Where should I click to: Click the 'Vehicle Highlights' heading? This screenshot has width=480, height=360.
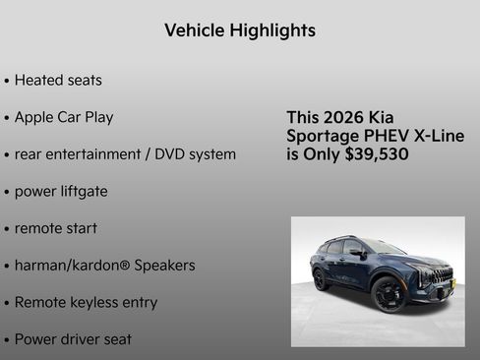click(240, 30)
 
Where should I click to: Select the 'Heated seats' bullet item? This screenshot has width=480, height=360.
click(58, 80)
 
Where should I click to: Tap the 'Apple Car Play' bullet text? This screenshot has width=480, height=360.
click(64, 117)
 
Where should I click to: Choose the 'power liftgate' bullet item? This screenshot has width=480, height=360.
click(61, 192)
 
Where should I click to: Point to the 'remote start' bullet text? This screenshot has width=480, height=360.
click(56, 228)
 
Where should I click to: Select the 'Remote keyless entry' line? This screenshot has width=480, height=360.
click(86, 303)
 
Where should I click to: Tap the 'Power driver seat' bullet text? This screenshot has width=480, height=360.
click(74, 339)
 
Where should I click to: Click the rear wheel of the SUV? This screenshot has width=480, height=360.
click(321, 279)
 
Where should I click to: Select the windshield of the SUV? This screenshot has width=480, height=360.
click(385, 247)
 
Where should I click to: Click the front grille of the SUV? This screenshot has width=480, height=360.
click(442, 274)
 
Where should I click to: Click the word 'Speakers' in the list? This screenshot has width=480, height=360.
click(162, 266)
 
